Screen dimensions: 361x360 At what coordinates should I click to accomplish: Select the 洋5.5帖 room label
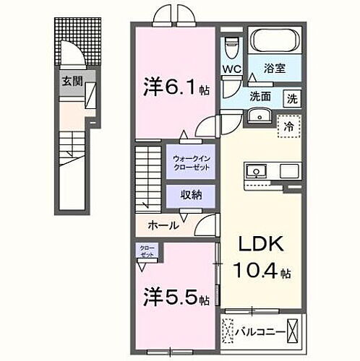[x=176, y=297]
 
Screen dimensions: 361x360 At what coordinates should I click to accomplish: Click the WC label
[x=231, y=69]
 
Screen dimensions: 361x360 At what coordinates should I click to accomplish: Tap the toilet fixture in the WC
[x=231, y=47]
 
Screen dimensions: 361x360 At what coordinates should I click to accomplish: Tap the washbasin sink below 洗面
[x=257, y=116]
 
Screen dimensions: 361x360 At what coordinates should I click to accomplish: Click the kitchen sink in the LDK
[x=256, y=172]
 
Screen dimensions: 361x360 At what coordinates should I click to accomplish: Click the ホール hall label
[x=163, y=226]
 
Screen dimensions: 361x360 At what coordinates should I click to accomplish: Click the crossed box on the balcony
[x=293, y=333]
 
